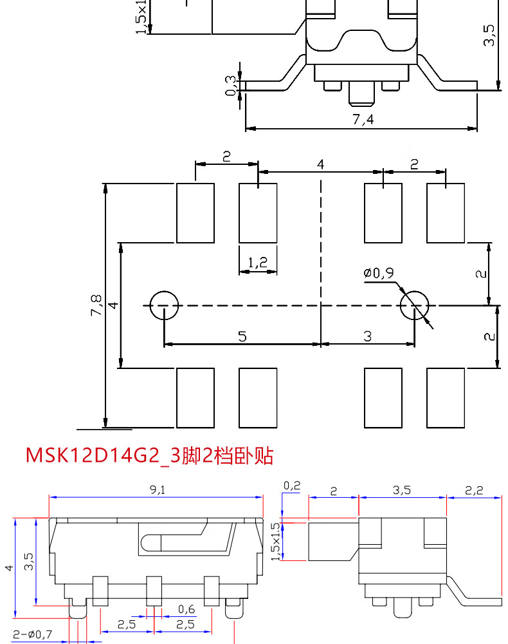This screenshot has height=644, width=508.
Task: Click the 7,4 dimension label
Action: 363,119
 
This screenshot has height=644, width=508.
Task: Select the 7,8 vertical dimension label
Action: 96,305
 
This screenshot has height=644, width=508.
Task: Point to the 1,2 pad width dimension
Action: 257,262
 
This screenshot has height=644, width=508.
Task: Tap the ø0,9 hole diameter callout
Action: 379,273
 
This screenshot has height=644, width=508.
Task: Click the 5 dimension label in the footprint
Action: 242,336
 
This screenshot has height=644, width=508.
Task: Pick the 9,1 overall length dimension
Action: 157,489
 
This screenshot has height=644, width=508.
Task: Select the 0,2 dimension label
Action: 291,486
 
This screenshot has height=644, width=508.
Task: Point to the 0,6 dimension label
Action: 186,609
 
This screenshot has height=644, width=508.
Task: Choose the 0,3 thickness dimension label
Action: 231,85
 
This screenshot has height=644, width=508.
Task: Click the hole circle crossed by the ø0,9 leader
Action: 414,305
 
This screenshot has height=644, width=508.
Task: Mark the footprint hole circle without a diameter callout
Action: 164,305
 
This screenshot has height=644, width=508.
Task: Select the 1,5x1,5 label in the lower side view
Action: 276,541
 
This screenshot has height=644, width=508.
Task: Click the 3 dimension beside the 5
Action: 367,336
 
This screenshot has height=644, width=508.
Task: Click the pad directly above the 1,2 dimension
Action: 258,213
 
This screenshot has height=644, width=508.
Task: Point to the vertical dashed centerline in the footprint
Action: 321,258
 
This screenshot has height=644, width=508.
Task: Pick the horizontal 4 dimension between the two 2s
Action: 320,164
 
